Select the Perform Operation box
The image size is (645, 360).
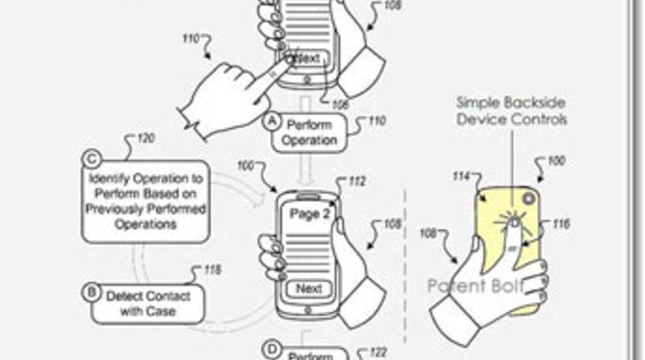click(310, 133)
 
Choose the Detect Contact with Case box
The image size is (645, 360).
click(148, 303)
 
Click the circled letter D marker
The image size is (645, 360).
click(271, 349)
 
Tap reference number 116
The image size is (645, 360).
click(560, 223)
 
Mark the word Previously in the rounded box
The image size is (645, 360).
click(115, 209)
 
